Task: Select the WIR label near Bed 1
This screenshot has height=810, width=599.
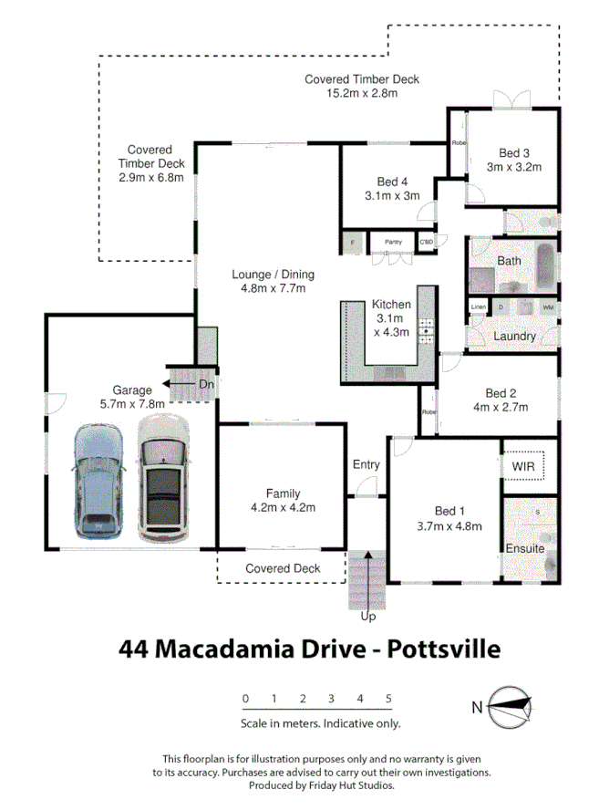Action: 523,466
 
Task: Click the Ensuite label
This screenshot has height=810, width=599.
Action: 524,548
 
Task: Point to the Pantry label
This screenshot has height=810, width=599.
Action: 393,242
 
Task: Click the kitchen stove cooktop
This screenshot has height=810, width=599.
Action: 425,330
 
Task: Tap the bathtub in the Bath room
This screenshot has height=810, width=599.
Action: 545,267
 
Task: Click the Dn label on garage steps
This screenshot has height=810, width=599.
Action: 207,384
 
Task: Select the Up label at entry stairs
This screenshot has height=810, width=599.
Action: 367,617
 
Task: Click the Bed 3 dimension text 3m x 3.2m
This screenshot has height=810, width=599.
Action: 514,167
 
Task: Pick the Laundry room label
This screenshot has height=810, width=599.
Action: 514,336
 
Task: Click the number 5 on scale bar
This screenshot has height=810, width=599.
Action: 389,699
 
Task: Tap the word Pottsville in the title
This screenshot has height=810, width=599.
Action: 444,649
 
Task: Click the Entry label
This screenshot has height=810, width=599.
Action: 366,464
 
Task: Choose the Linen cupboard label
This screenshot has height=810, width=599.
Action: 479,307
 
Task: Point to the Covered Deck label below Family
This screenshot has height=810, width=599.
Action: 283,568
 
